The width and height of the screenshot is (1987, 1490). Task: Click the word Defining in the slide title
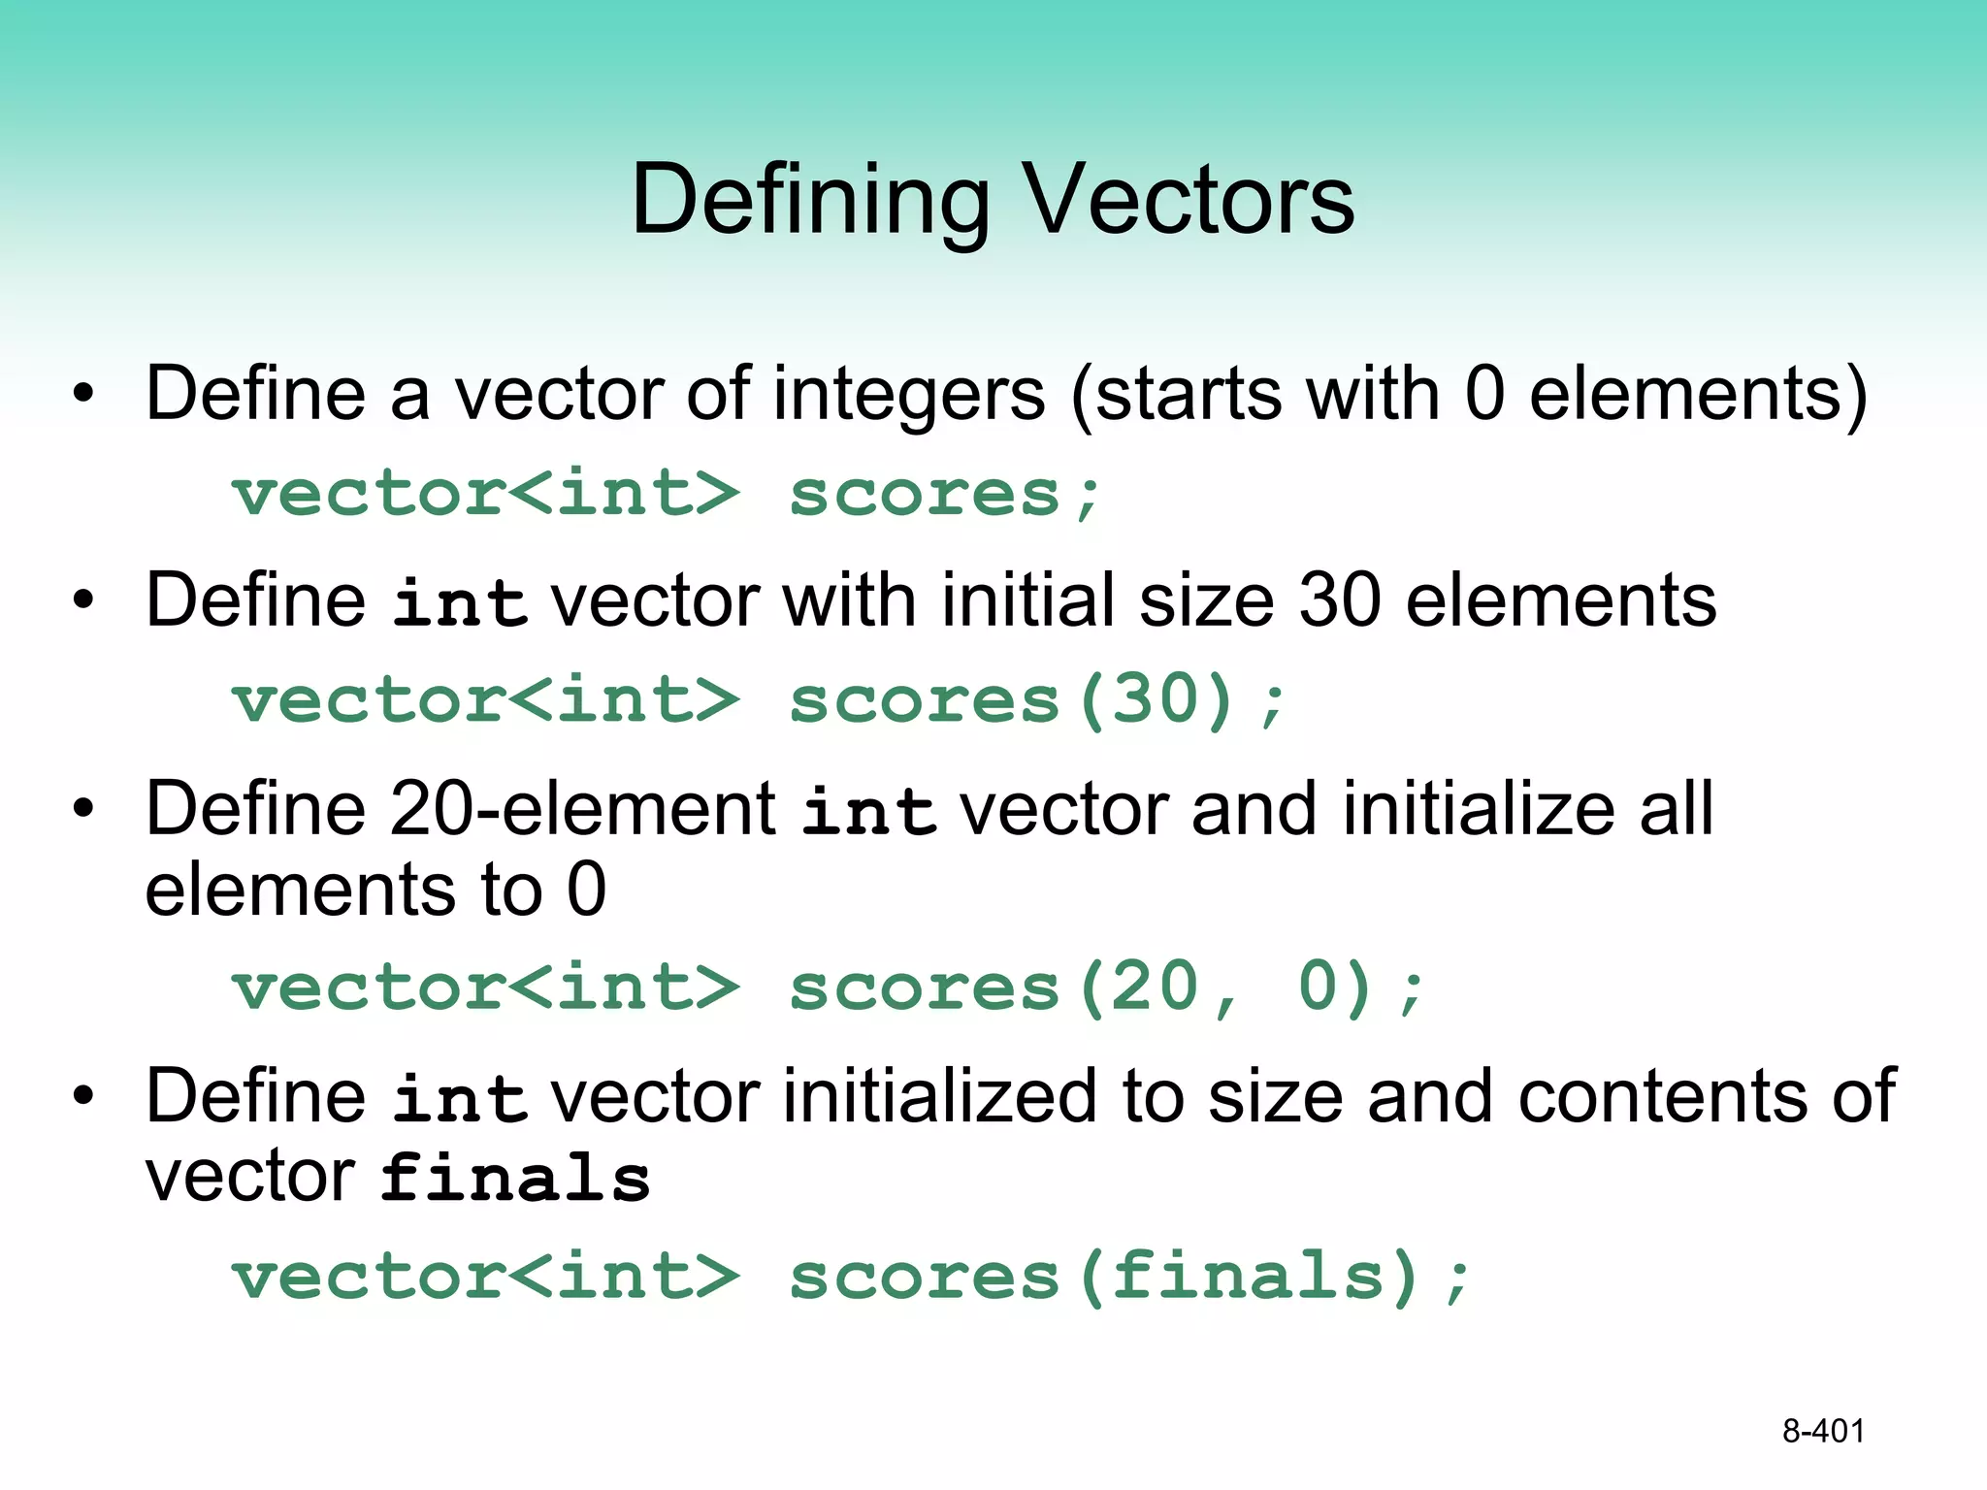[811, 200]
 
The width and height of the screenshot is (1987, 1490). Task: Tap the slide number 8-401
[1823, 1431]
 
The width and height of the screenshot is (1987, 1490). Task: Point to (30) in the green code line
[1156, 699]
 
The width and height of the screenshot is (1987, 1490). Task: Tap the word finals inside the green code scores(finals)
[1248, 1276]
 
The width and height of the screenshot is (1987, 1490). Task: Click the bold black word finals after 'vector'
[515, 1178]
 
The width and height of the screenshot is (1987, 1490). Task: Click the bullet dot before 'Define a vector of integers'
[84, 395]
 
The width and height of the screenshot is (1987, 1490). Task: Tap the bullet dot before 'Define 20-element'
[84, 808]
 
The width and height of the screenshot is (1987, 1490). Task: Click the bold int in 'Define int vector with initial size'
[460, 602]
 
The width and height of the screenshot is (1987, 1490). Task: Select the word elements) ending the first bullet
[1698, 396]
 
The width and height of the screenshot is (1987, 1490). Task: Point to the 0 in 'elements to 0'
[586, 890]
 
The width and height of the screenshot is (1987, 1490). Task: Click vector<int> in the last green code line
[486, 1276]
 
